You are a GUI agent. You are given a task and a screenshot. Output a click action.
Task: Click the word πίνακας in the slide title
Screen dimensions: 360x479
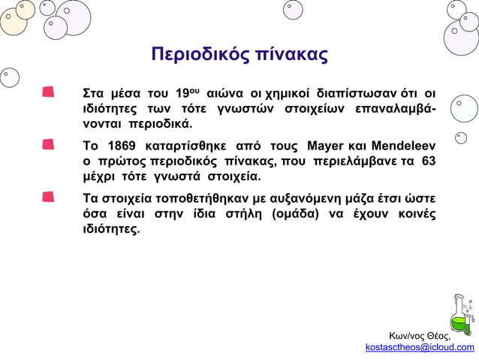pyautogui.click(x=289, y=56)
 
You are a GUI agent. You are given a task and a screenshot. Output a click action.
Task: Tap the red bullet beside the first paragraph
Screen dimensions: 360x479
pyautogui.click(x=48, y=92)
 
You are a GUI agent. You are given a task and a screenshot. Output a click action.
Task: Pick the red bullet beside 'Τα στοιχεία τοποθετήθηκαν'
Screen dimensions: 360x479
pyautogui.click(x=48, y=197)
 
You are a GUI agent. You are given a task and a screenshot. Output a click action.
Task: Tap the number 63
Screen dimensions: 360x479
pyautogui.click(x=429, y=162)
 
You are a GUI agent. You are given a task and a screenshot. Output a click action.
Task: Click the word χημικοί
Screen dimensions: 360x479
pyautogui.click(x=288, y=94)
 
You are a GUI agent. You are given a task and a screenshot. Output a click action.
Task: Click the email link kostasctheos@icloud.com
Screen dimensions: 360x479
pyautogui.click(x=420, y=347)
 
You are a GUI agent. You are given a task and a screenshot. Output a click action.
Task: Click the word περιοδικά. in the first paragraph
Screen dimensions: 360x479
pyautogui.click(x=161, y=124)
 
